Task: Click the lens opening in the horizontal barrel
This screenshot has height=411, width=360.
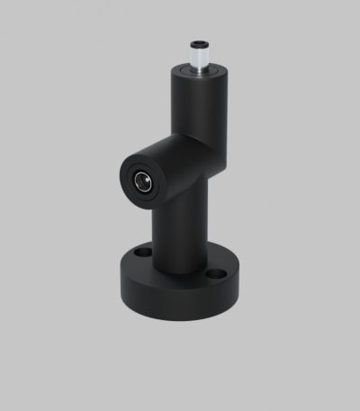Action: coord(140,180)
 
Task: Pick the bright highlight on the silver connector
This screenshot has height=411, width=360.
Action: coord(193,60)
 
